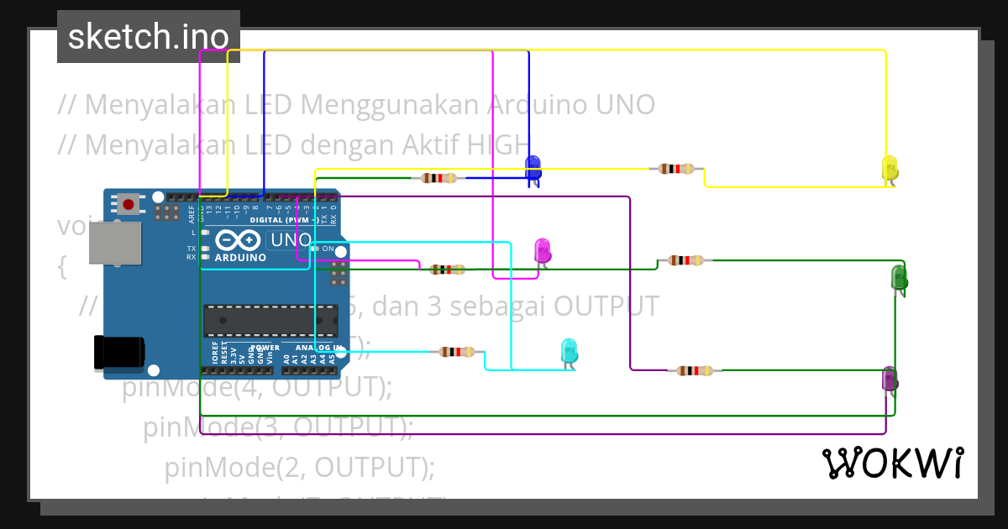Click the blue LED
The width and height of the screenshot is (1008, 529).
(x=533, y=168)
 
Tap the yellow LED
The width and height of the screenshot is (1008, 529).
(x=890, y=168)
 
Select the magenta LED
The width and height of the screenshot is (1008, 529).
(x=543, y=250)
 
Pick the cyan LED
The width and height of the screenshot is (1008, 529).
(x=569, y=351)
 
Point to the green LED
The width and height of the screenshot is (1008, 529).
(x=898, y=278)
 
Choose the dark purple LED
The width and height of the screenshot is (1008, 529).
(x=889, y=380)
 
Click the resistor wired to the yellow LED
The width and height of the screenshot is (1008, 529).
(x=676, y=168)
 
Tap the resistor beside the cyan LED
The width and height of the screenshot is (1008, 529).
(x=456, y=353)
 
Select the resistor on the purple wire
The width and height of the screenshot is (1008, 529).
(x=695, y=370)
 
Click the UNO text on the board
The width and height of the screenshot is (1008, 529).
(x=290, y=240)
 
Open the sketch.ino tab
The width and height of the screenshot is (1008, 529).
(x=149, y=36)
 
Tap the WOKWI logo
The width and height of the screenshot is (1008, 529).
(x=893, y=464)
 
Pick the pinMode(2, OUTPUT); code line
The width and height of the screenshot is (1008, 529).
(x=300, y=467)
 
